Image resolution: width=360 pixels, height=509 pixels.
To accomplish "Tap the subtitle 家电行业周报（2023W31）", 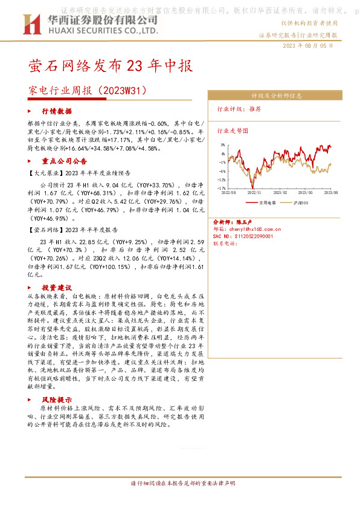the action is [x=88, y=90].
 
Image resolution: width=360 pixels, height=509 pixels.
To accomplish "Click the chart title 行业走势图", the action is [x=233, y=130].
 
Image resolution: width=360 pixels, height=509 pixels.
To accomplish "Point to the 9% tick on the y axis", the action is [x=223, y=145].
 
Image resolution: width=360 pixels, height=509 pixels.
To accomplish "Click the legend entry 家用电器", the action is [x=267, y=203].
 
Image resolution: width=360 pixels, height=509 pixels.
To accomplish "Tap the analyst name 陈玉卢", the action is [x=246, y=222].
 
